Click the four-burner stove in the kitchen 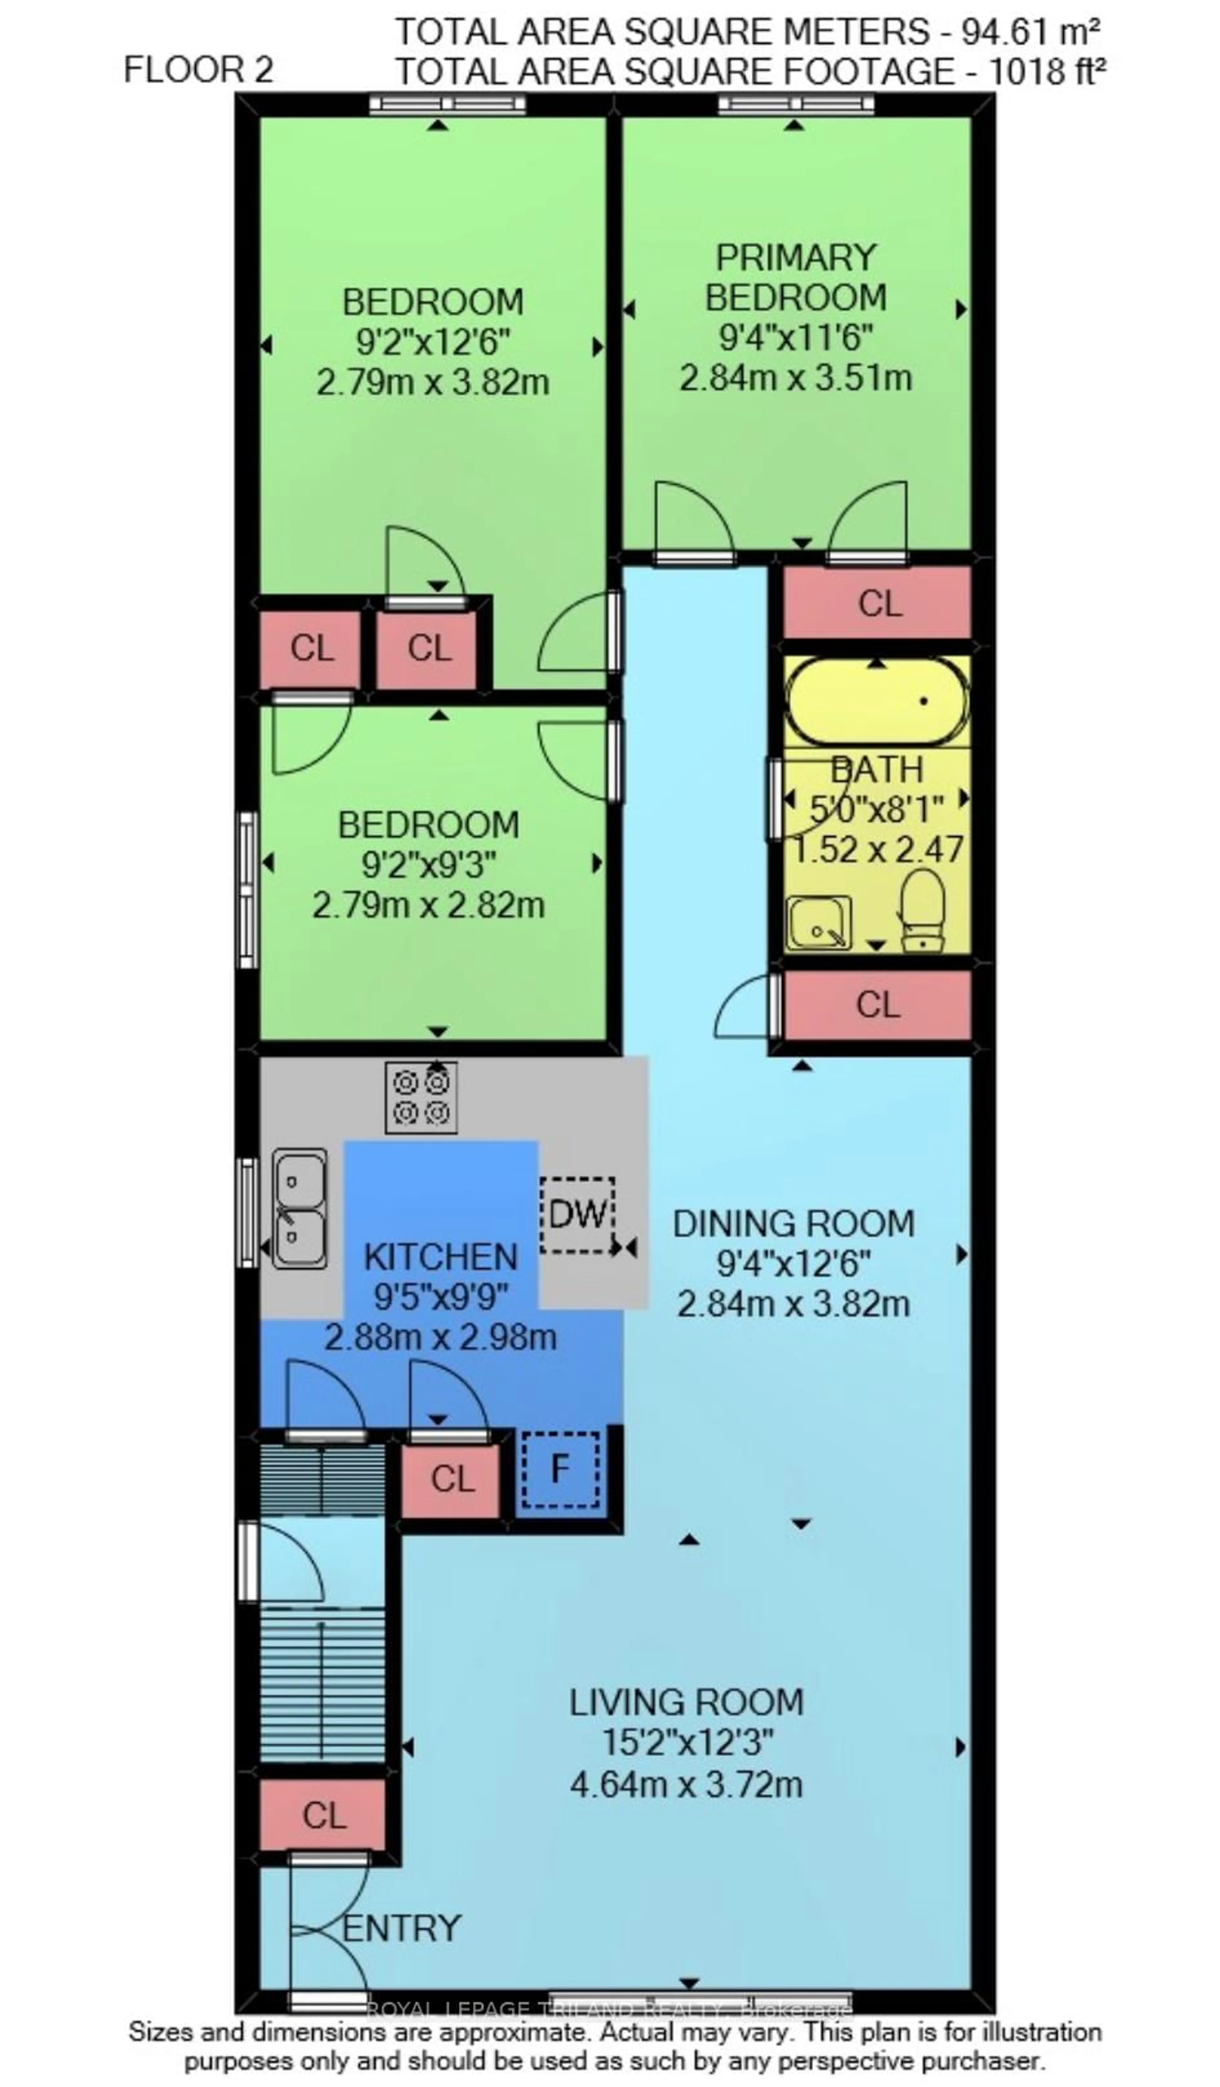tap(421, 1097)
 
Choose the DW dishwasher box tap(577, 1214)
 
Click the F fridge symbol tap(560, 1469)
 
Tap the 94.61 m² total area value tap(1029, 32)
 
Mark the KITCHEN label tap(441, 1257)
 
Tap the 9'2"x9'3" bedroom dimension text tap(428, 865)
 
